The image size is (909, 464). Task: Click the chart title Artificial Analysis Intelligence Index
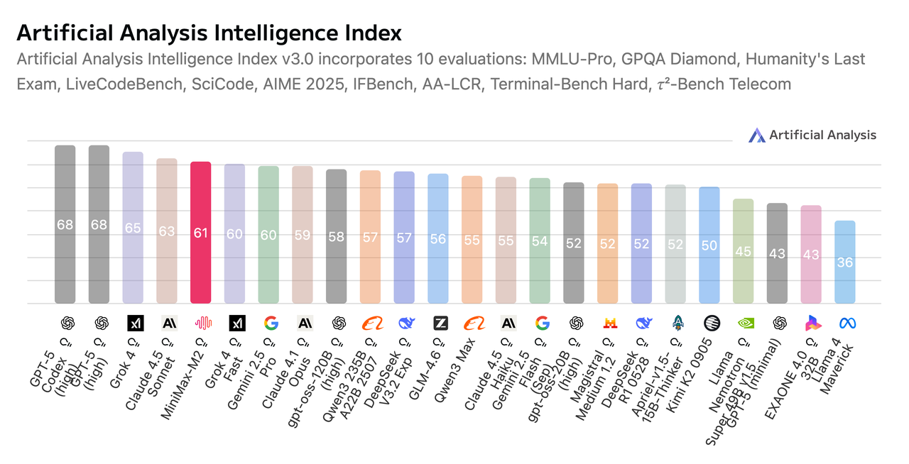point(209,33)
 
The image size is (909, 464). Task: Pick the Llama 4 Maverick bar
point(844,263)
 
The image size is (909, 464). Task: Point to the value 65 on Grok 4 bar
point(133,228)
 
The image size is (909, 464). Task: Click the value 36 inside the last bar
point(844,263)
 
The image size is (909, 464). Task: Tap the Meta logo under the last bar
point(847,324)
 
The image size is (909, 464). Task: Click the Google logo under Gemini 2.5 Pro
point(271,324)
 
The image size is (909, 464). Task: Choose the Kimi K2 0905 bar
point(709,245)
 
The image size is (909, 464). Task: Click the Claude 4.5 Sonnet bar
point(167,231)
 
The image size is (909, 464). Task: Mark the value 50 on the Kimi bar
point(709,245)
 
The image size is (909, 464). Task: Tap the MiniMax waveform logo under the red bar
point(204,324)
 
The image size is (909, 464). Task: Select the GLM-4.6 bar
point(438,239)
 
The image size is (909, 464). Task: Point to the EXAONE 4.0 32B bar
point(811,255)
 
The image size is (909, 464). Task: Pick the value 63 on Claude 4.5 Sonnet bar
point(167,231)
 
